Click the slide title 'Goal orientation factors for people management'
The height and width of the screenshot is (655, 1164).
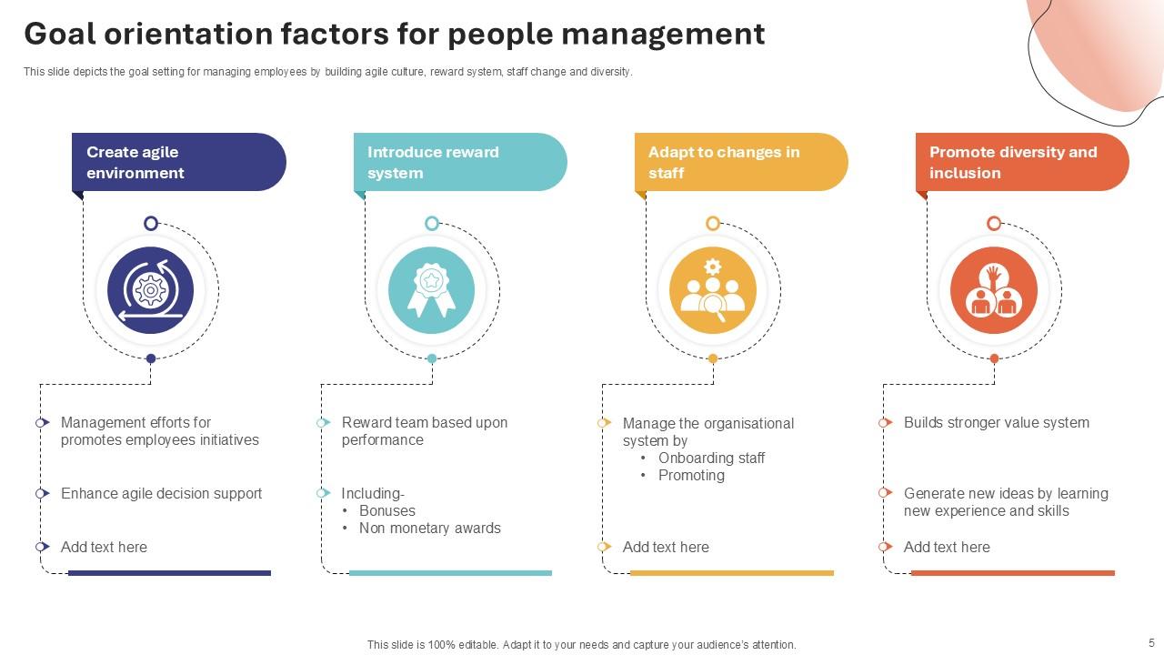pyautogui.click(x=394, y=34)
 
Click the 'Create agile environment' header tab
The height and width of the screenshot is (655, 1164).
pyautogui.click(x=178, y=162)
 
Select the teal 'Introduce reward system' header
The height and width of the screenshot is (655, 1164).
pyautogui.click(x=459, y=162)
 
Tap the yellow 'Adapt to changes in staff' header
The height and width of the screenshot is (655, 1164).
pyautogui.click(x=740, y=162)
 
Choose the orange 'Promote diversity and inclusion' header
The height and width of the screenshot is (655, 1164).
pyautogui.click(x=1021, y=162)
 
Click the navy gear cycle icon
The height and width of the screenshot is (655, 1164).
pyautogui.click(x=151, y=290)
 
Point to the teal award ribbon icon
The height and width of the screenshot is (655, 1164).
pyautogui.click(x=431, y=290)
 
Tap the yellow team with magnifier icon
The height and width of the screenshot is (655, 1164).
pyautogui.click(x=713, y=290)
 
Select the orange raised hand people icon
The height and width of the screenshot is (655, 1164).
pyautogui.click(x=994, y=290)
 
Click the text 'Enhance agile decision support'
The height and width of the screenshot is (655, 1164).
pyautogui.click(x=161, y=493)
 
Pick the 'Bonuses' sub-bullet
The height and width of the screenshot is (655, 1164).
pyautogui.click(x=386, y=510)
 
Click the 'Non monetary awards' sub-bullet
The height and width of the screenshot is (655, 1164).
pyautogui.click(x=429, y=528)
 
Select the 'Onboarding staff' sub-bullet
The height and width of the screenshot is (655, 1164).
pyautogui.click(x=711, y=458)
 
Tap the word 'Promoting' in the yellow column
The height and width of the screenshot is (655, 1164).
pyautogui.click(x=691, y=475)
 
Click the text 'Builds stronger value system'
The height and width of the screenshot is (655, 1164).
pyautogui.click(x=996, y=422)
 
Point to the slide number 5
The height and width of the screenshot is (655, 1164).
pyautogui.click(x=1151, y=641)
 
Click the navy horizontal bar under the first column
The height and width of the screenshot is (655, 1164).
pyautogui.click(x=169, y=573)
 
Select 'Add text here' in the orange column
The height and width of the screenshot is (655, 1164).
pyautogui.click(x=946, y=547)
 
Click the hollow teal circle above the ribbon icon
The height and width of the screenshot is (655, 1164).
pyautogui.click(x=432, y=223)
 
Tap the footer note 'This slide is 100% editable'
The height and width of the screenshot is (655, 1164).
pyautogui.click(x=581, y=644)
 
